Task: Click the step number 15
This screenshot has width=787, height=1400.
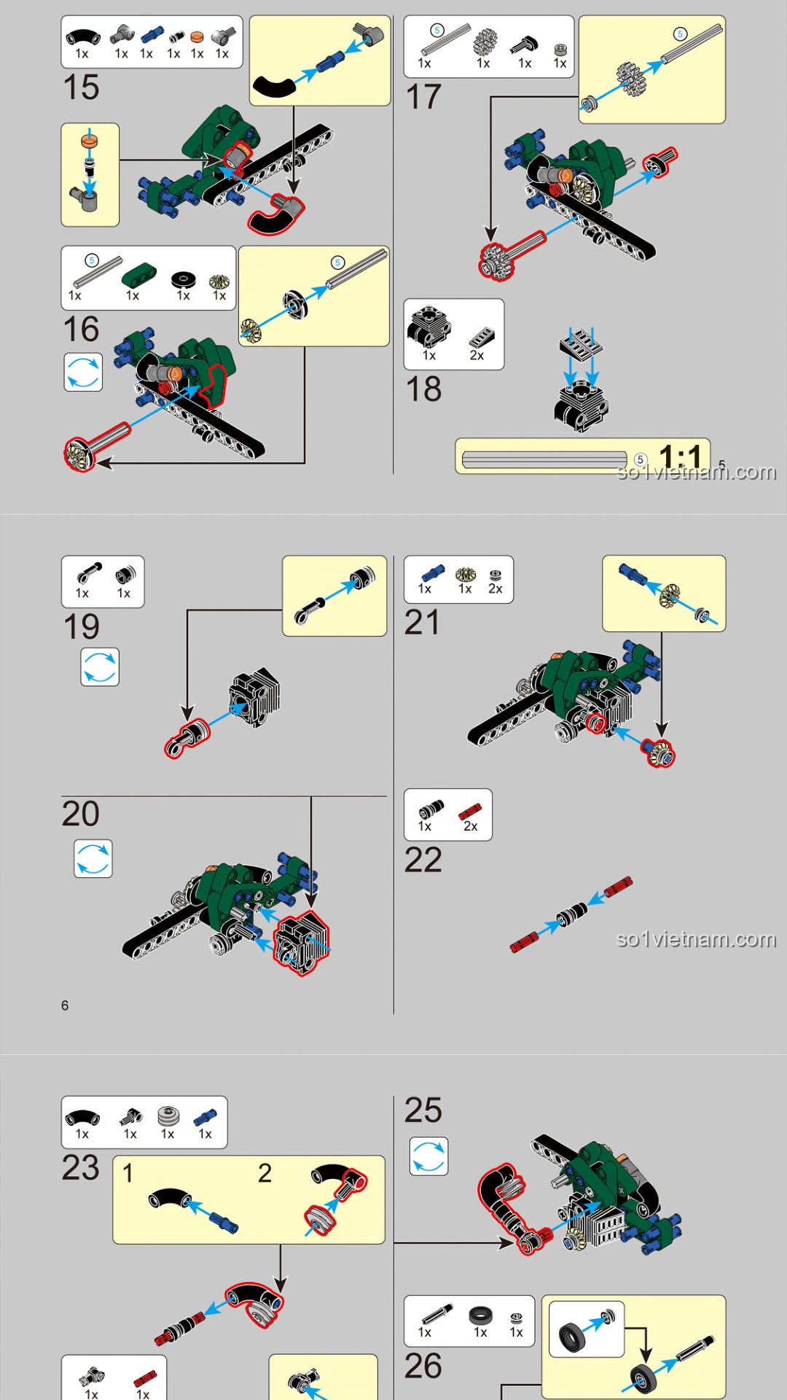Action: point(81,87)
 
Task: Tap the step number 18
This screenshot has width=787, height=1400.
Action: point(423,389)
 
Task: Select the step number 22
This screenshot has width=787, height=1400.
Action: point(423,860)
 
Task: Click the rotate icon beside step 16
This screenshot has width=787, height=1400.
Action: point(83,372)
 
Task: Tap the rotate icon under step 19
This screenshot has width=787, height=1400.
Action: point(100,666)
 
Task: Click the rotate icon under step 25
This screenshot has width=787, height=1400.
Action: point(428,1156)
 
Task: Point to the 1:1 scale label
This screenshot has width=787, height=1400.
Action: point(679,457)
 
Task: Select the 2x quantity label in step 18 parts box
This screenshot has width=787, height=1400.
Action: point(477,355)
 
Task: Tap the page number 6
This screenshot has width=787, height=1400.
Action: point(65,1006)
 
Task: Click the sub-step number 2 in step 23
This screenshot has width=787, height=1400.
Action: point(265,1173)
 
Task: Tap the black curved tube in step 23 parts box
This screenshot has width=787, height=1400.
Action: point(82,1117)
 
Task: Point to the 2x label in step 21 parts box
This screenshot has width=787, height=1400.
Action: point(495,588)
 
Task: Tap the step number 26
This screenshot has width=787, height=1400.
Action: point(423,1366)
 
